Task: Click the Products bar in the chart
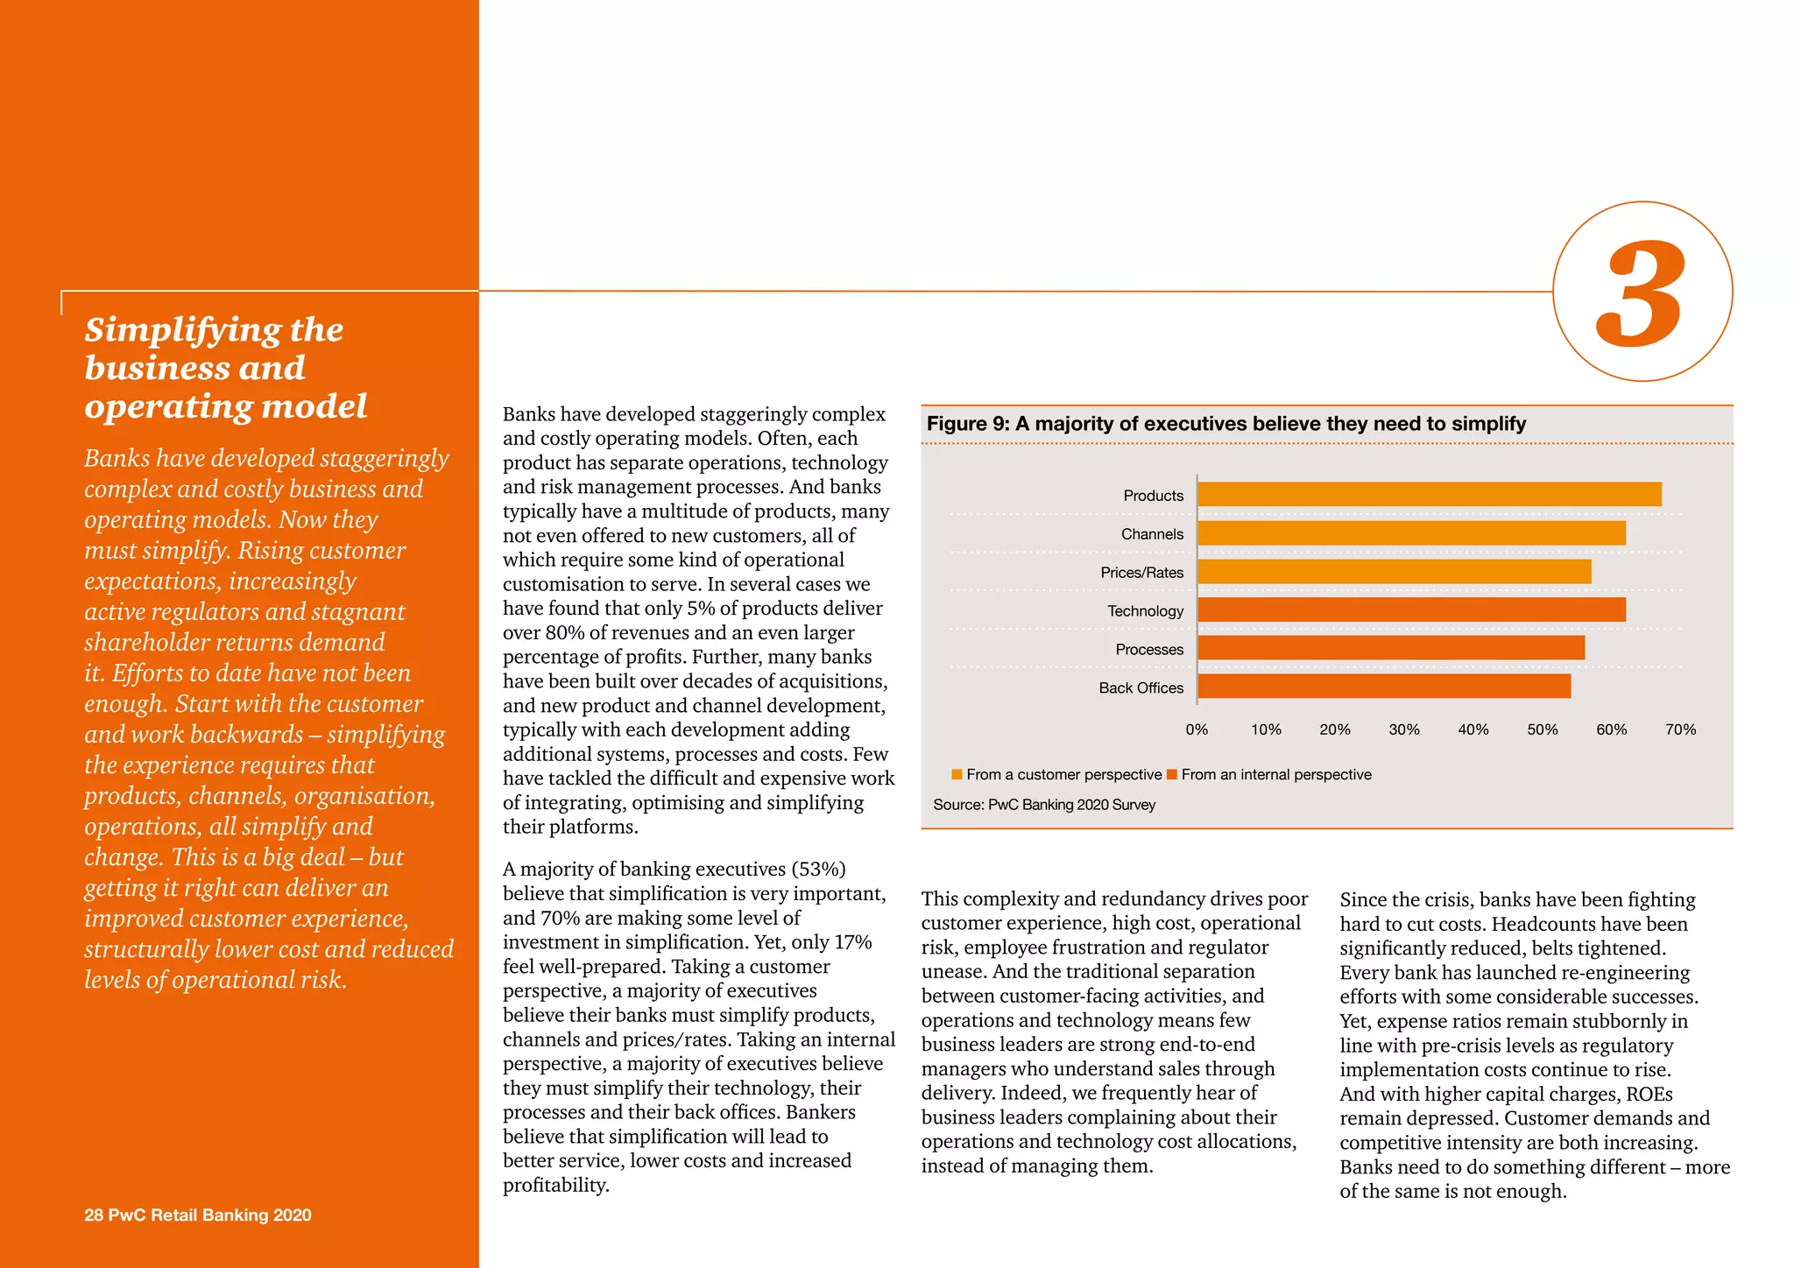(x=1429, y=495)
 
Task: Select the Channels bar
(x=1411, y=533)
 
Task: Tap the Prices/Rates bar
(x=1394, y=572)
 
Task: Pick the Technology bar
(x=1411, y=610)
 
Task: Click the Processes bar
(x=1390, y=649)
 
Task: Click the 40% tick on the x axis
(x=1473, y=729)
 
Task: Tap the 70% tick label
(x=1679, y=729)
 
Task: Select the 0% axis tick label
(x=1197, y=729)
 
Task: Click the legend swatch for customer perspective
(x=957, y=774)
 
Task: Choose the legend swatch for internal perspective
(x=1171, y=774)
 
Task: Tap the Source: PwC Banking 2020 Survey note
(x=1043, y=805)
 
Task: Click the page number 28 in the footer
(x=93, y=1215)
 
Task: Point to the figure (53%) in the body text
(x=818, y=870)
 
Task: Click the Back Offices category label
(x=1141, y=688)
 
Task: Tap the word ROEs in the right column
(x=1649, y=1095)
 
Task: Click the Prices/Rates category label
(x=1141, y=573)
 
